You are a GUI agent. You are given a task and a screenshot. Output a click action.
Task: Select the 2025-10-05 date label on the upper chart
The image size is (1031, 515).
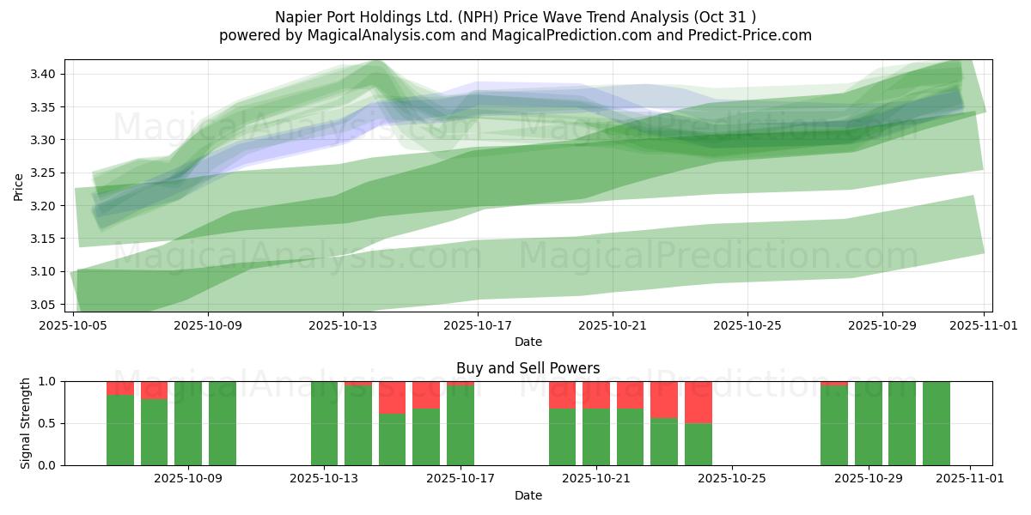point(74,325)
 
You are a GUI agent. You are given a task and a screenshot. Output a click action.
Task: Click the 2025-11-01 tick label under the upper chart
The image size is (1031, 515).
point(984,325)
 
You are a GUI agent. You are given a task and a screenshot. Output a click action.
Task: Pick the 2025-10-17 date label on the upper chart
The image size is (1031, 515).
point(478,325)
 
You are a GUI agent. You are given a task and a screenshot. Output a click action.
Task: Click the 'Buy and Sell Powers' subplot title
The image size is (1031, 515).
point(528,368)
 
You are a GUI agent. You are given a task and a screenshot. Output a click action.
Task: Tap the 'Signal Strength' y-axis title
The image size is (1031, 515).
point(26,422)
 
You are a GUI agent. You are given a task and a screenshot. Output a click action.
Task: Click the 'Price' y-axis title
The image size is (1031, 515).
point(19,185)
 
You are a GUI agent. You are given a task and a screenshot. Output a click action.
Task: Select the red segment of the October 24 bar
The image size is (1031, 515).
point(698,402)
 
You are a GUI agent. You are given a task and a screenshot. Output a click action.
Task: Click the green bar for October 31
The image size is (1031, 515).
point(936,423)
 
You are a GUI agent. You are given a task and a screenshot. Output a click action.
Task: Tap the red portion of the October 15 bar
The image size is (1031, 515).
point(392,397)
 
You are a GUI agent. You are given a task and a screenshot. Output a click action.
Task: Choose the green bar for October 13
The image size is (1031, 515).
point(324,423)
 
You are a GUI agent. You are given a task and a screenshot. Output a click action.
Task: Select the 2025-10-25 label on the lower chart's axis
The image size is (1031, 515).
point(732,478)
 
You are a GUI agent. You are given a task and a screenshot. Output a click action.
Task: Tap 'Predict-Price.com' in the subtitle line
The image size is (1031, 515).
point(755,35)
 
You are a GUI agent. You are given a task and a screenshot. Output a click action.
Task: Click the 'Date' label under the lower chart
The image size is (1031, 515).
point(528,495)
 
